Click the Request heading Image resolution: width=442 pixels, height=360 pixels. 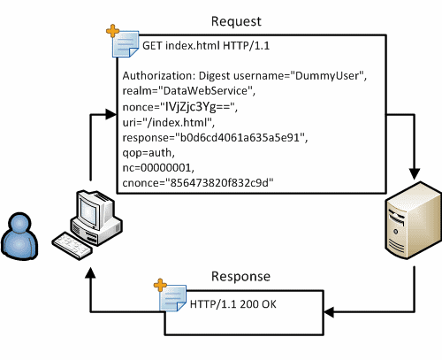(x=236, y=21)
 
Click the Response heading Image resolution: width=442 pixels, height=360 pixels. (x=240, y=277)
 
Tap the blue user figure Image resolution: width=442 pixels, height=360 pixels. (x=19, y=236)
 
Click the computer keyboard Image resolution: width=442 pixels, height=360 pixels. (x=72, y=246)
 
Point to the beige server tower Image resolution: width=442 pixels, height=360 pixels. (x=414, y=220)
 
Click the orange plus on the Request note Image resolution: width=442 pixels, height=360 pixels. (x=112, y=31)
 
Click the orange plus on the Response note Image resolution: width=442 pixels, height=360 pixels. (x=160, y=285)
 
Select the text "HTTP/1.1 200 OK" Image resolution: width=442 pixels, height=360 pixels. (x=233, y=304)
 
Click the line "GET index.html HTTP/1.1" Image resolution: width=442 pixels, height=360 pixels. (x=206, y=46)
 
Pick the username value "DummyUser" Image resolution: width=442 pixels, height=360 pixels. (x=327, y=76)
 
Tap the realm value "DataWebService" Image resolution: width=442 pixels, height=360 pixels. (x=205, y=91)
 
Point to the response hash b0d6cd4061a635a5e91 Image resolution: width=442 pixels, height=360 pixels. (x=240, y=138)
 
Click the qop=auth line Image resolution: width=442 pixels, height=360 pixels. (x=149, y=153)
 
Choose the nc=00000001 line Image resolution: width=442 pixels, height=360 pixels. (x=158, y=168)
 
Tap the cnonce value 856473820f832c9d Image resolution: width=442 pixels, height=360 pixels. (x=219, y=183)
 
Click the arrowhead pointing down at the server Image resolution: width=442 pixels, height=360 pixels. (x=415, y=173)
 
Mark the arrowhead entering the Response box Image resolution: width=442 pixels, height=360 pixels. (x=329, y=312)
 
